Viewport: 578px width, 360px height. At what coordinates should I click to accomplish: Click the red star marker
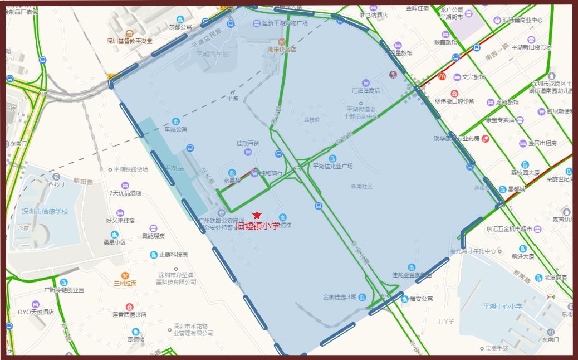point(257,215)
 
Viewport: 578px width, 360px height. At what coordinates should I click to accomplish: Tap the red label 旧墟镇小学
point(257,226)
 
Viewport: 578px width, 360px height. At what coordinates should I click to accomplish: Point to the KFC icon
point(393,75)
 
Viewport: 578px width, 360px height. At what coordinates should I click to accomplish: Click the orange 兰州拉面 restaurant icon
point(125,275)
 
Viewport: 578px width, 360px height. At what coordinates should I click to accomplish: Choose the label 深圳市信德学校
point(45,211)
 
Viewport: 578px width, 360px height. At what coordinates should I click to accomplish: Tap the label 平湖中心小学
point(502,306)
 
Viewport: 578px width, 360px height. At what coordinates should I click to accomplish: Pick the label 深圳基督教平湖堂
point(130,41)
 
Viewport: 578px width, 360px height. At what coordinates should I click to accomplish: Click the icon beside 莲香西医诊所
point(130,307)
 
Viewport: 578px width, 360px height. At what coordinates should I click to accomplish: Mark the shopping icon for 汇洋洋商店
point(365,82)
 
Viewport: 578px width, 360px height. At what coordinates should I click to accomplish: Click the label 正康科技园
point(173,255)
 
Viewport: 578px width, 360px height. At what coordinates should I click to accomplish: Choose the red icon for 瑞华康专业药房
point(485,138)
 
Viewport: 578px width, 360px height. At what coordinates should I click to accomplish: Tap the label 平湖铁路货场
point(131,169)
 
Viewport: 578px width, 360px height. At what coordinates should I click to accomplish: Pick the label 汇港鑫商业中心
point(522,20)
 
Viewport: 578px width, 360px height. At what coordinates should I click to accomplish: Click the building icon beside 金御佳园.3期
point(362,297)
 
